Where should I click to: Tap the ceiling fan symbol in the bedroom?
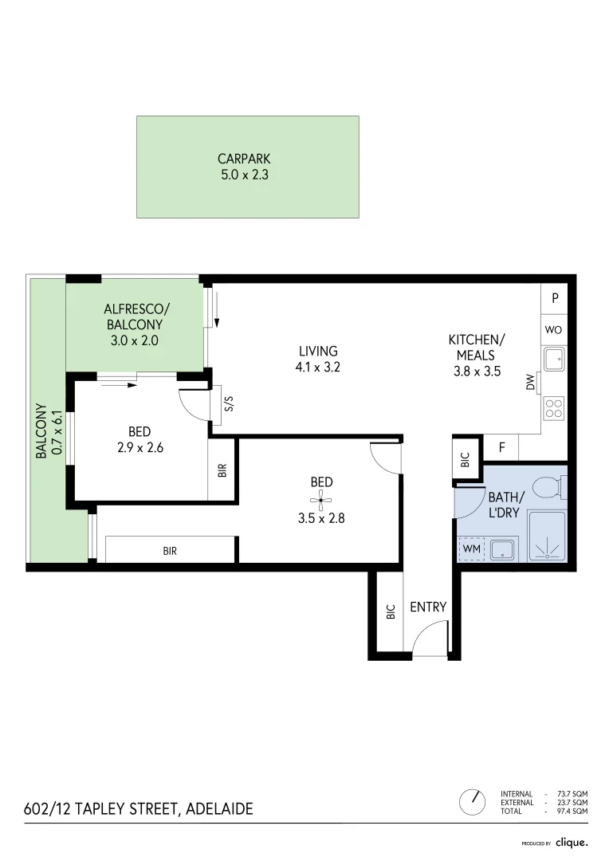(322, 501)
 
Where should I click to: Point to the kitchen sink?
(554, 360)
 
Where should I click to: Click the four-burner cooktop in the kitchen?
(554, 408)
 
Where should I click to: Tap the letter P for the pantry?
(555, 299)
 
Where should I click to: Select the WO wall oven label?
(555, 329)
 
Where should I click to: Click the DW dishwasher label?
(531, 383)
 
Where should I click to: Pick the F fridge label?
(502, 447)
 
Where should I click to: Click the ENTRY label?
(428, 607)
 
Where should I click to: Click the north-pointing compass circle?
(473, 800)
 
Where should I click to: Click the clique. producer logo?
(572, 842)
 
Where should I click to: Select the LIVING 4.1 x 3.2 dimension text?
(318, 368)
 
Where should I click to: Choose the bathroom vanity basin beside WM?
(502, 548)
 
